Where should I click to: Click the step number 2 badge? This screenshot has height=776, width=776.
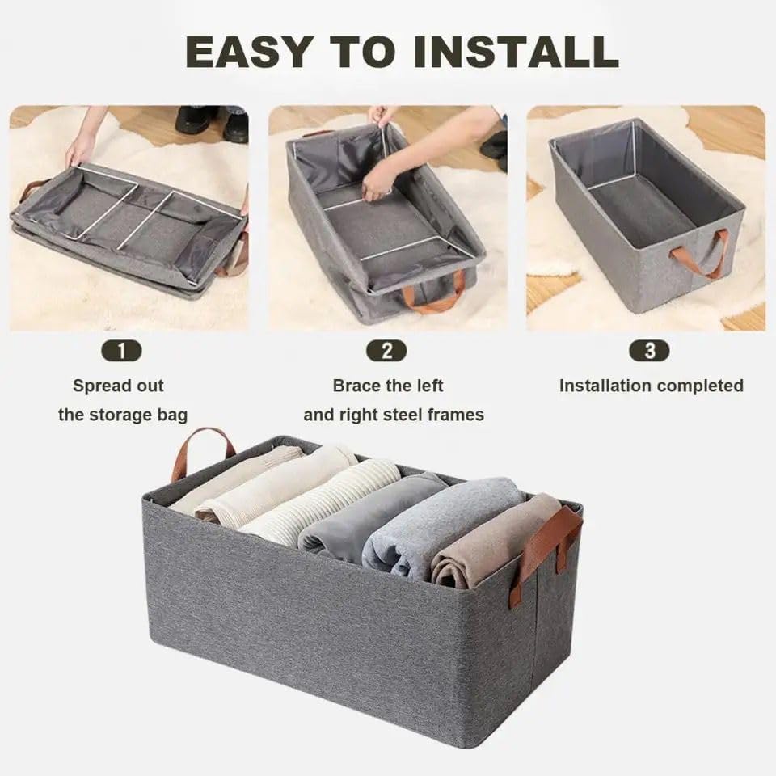click(x=387, y=351)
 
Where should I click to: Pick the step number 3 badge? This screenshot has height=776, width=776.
click(x=651, y=351)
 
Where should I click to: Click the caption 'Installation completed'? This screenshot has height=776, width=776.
click(x=651, y=386)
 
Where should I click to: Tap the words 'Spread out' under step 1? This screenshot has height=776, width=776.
click(x=118, y=386)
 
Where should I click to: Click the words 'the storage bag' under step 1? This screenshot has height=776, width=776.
click(x=123, y=415)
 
